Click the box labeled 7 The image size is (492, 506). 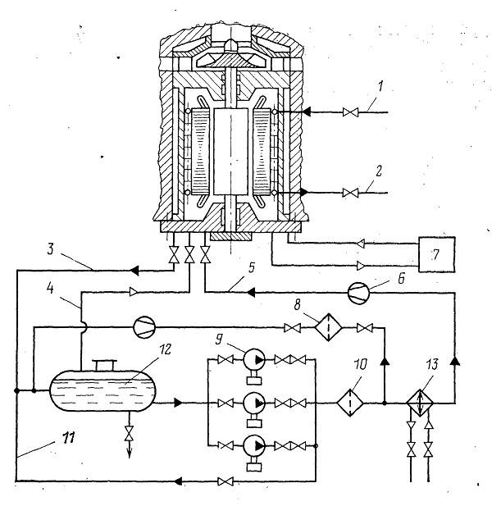point(437,254)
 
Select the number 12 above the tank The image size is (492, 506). point(165,349)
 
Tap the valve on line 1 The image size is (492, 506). point(350,112)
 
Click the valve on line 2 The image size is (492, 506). point(350,193)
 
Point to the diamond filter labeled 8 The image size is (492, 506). point(329,327)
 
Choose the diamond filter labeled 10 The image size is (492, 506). point(350,403)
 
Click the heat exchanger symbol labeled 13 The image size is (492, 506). point(420,403)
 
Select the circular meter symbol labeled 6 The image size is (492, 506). point(358,293)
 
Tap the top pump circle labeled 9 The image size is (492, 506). point(254,359)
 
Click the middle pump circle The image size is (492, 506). point(254,403)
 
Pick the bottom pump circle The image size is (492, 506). point(254,445)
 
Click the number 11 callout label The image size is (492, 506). point(68,438)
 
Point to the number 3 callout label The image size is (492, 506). point(50,249)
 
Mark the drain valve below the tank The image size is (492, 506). point(130,433)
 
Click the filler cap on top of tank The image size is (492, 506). point(104,365)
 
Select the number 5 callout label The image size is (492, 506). point(251,267)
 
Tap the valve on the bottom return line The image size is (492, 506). point(225,481)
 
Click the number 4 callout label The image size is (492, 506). point(50,289)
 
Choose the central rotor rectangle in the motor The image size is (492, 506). point(230,152)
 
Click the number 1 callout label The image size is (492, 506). point(380,86)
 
